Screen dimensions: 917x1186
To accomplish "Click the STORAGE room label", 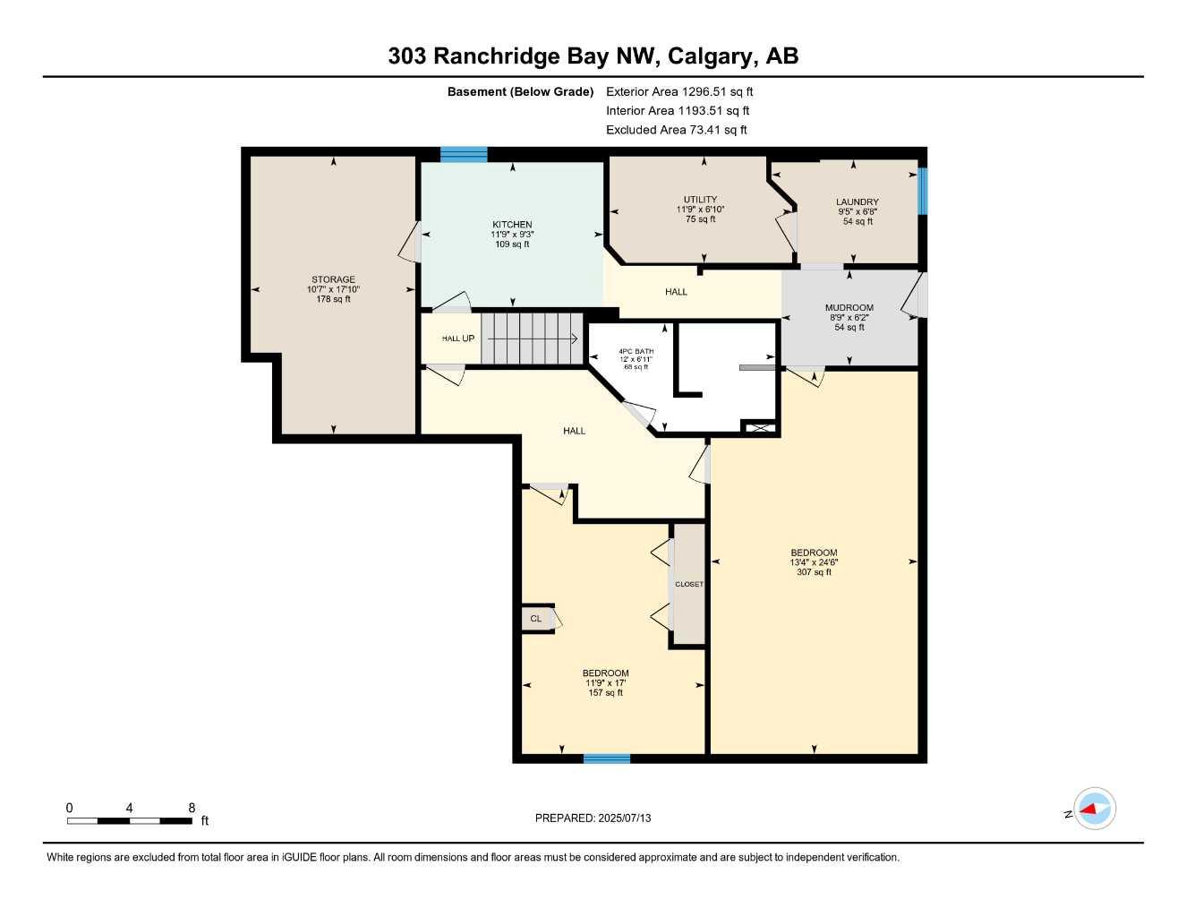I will (x=333, y=279).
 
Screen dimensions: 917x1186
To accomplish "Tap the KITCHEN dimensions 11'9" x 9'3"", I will (x=512, y=235).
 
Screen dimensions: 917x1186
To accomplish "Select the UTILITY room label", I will (x=700, y=200).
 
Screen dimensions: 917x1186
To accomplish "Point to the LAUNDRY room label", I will (x=857, y=202).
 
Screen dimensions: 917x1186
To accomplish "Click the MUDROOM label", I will (x=849, y=308).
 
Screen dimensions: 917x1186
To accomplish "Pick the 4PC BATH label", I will (x=636, y=351).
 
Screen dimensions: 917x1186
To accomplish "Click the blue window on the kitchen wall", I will (x=464, y=154).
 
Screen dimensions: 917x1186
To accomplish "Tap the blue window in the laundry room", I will (x=922, y=191).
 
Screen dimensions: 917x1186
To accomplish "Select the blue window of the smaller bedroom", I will (x=607, y=758).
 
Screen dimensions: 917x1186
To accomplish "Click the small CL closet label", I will (x=535, y=619).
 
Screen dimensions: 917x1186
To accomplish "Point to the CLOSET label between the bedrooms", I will (x=689, y=584).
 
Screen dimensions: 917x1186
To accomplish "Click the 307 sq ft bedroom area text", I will (x=814, y=572).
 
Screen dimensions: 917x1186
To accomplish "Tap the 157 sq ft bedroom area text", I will (x=605, y=693).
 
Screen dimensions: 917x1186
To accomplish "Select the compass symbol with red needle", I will (x=1094, y=809).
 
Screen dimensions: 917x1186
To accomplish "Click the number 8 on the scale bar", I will (x=192, y=808).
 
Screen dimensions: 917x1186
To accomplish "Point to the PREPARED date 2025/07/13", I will (x=593, y=818).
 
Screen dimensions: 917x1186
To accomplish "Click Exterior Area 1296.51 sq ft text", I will (x=679, y=91).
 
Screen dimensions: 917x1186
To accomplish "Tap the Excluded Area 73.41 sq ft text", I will (x=676, y=130).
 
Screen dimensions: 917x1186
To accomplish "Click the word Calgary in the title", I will (x=711, y=56).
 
